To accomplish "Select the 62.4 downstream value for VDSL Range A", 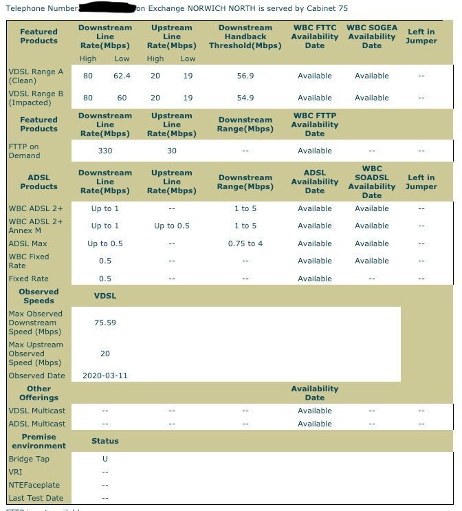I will (x=122, y=76).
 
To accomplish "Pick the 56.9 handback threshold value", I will (x=245, y=76).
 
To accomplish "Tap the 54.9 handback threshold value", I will (x=245, y=98).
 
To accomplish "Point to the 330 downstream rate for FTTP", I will (x=105, y=151).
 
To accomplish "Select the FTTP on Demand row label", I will (x=25, y=151).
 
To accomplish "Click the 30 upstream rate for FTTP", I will (x=172, y=151).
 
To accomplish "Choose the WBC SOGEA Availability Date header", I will (x=372, y=36).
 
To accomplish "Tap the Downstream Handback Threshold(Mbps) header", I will (x=245, y=36).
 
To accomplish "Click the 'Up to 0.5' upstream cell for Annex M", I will (x=172, y=226).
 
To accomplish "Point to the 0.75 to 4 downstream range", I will (x=245, y=243).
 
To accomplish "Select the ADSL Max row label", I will (x=27, y=243).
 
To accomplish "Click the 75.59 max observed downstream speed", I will (x=105, y=323).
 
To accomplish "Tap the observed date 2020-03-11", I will (x=105, y=376).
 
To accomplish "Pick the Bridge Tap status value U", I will (x=105, y=459).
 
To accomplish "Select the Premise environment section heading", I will (x=39, y=441).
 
